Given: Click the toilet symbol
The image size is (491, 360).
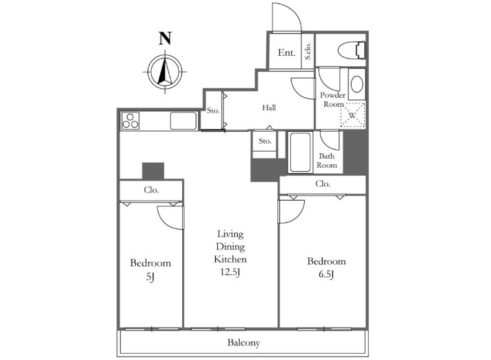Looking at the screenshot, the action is pyautogui.click(x=352, y=50).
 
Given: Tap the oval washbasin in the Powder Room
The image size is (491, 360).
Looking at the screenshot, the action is pyautogui.click(x=357, y=84).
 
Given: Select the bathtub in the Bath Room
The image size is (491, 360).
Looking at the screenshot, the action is pyautogui.click(x=300, y=152).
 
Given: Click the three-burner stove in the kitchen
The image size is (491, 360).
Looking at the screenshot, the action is pyautogui.click(x=130, y=121).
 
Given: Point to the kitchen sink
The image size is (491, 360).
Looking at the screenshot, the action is pyautogui.click(x=183, y=121).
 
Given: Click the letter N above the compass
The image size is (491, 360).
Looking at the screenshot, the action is pyautogui.click(x=165, y=39).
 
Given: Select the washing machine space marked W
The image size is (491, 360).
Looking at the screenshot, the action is pyautogui.click(x=352, y=115).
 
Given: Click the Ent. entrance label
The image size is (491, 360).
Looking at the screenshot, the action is pyautogui.click(x=286, y=52).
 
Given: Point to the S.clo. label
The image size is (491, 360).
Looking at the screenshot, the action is pyautogui.click(x=308, y=51).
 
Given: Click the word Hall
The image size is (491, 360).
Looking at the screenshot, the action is pyautogui.click(x=269, y=108).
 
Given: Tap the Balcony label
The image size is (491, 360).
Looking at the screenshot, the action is pyautogui.click(x=243, y=343).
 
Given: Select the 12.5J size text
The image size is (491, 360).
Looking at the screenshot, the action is pyautogui.click(x=230, y=272).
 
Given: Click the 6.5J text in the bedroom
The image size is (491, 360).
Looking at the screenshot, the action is pyautogui.click(x=326, y=275).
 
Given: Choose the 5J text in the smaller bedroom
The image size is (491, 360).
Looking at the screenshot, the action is pyautogui.click(x=150, y=277).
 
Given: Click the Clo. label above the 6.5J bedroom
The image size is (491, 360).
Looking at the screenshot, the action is pyautogui.click(x=323, y=183).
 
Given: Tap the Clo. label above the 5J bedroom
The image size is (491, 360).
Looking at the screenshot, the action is pyautogui.click(x=152, y=190).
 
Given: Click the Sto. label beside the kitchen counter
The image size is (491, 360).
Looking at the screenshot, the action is pyautogui.click(x=213, y=110).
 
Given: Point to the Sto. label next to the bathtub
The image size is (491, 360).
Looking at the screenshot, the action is pyautogui.click(x=265, y=141).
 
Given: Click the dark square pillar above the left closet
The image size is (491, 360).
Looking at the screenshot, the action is pyautogui.click(x=153, y=171).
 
